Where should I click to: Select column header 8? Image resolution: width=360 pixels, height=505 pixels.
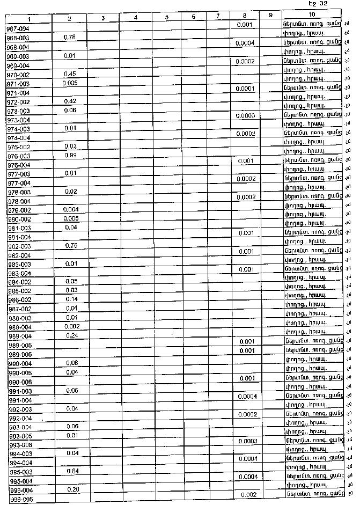pos(244,17)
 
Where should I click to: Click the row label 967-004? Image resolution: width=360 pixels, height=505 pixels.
pos(18,28)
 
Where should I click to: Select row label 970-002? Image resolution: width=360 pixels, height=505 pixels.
pos(18,74)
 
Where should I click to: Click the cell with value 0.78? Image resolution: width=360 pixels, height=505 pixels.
pos(69,37)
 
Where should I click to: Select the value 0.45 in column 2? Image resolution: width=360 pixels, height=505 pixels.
pos(69,74)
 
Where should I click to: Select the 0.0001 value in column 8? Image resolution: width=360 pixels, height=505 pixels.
pos(245,89)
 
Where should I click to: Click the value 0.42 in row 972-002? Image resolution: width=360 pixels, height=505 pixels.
pos(69,101)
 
